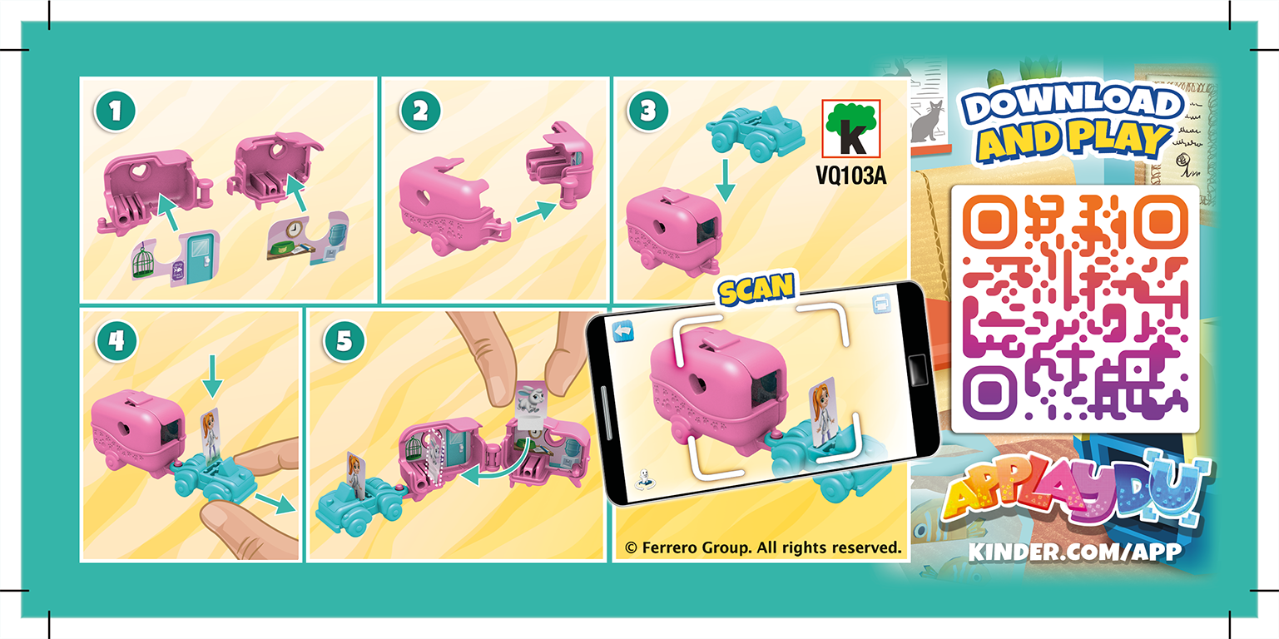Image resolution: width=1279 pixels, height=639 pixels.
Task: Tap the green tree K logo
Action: click(850, 129)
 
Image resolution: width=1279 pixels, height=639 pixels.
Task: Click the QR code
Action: click(1075, 308)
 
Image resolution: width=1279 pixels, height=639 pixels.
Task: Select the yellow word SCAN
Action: click(756, 290)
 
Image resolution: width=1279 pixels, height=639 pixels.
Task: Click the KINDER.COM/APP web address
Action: click(1075, 552)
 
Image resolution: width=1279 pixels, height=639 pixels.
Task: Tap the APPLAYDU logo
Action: click(1073, 498)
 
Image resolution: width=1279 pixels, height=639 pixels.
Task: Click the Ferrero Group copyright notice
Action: click(763, 547)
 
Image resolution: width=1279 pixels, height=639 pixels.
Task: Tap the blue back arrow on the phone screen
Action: click(623, 331)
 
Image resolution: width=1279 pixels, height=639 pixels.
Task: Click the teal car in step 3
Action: click(755, 131)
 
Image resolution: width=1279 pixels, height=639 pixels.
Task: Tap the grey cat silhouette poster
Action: click(930, 121)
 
